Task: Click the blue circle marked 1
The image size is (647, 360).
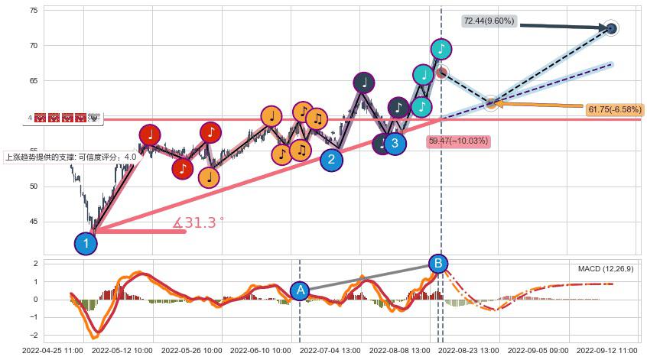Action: pyautogui.click(x=86, y=244)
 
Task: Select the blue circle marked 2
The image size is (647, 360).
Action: pyautogui.click(x=331, y=159)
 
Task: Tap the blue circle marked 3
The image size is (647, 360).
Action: pyautogui.click(x=395, y=142)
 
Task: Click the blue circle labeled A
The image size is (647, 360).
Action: pyautogui.click(x=300, y=290)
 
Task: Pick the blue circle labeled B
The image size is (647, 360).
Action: pyautogui.click(x=438, y=264)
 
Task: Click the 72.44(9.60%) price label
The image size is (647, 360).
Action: pyautogui.click(x=488, y=21)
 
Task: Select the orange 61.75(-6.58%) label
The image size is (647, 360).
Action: pyautogui.click(x=615, y=110)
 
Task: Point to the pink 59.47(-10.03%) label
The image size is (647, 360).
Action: pyautogui.click(x=458, y=141)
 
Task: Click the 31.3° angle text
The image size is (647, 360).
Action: pyautogui.click(x=198, y=223)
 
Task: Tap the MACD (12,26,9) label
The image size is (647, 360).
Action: pyautogui.click(x=606, y=269)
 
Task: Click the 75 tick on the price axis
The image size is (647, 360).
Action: pyautogui.click(x=34, y=11)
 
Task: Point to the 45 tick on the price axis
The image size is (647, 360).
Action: pyautogui.click(x=34, y=222)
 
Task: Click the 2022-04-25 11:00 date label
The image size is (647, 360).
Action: pyautogui.click(x=53, y=351)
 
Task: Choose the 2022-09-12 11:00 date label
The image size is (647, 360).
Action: pyautogui.click(x=607, y=351)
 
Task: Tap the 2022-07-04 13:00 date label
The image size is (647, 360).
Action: pyautogui.click(x=330, y=351)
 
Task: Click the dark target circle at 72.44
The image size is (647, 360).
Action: pyautogui.click(x=611, y=28)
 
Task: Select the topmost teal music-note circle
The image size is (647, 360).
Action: pyautogui.click(x=441, y=50)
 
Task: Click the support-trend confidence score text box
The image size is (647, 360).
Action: pyautogui.click(x=71, y=157)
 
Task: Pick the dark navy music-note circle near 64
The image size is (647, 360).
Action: pyautogui.click(x=364, y=83)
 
